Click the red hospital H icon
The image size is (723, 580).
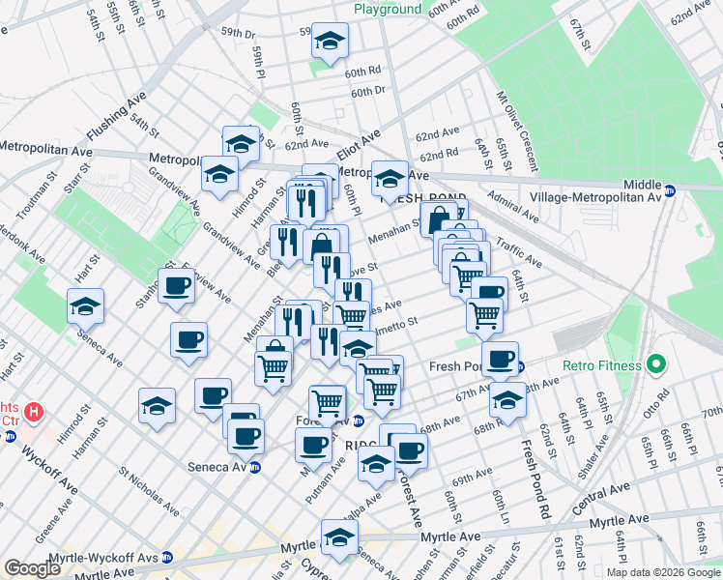[x=34, y=413]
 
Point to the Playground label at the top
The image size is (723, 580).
[x=388, y=9]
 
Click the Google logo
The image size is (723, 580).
[x=33, y=568]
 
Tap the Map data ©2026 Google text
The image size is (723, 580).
[x=663, y=572]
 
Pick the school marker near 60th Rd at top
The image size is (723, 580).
[x=330, y=42]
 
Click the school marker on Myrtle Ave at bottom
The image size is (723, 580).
[x=339, y=536]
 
